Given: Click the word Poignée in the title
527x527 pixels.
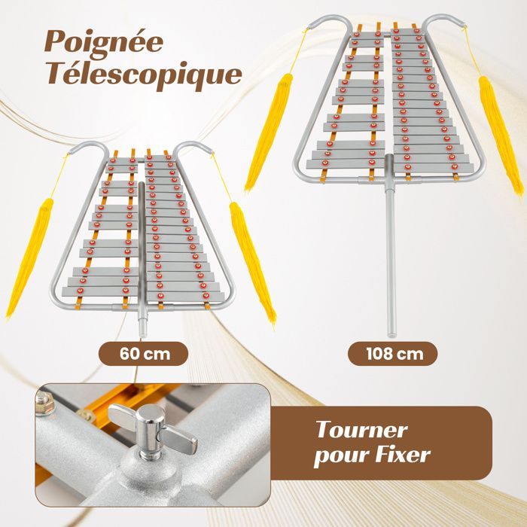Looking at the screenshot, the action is pos(104,42).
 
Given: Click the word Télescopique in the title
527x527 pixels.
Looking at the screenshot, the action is pos(145,75).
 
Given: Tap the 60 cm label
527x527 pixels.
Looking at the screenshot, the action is pos(143,354).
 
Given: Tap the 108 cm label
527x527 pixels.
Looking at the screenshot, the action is pos(392,354).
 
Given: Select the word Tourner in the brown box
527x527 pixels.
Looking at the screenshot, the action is pos(361,430).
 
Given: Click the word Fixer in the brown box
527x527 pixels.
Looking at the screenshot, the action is pos(403,455).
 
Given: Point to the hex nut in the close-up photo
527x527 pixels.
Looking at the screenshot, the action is pos(44,402).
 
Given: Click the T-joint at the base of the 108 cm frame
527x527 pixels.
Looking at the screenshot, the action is pos(390,180).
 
